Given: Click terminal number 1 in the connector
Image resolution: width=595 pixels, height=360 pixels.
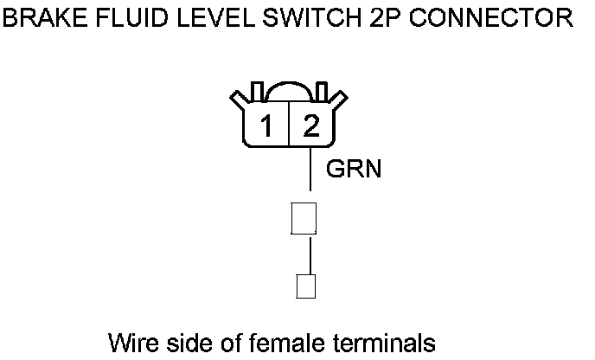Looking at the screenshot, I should tap(268, 129).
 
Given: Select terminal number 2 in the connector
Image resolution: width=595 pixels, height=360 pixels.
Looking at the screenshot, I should tap(310, 129).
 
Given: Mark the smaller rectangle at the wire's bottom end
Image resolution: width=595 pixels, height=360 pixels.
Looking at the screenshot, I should tap(304, 286).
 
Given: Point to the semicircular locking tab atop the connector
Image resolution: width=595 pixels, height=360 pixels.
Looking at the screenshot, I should tap(288, 93).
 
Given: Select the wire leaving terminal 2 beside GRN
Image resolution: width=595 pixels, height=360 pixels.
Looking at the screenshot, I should tap(310, 169).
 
